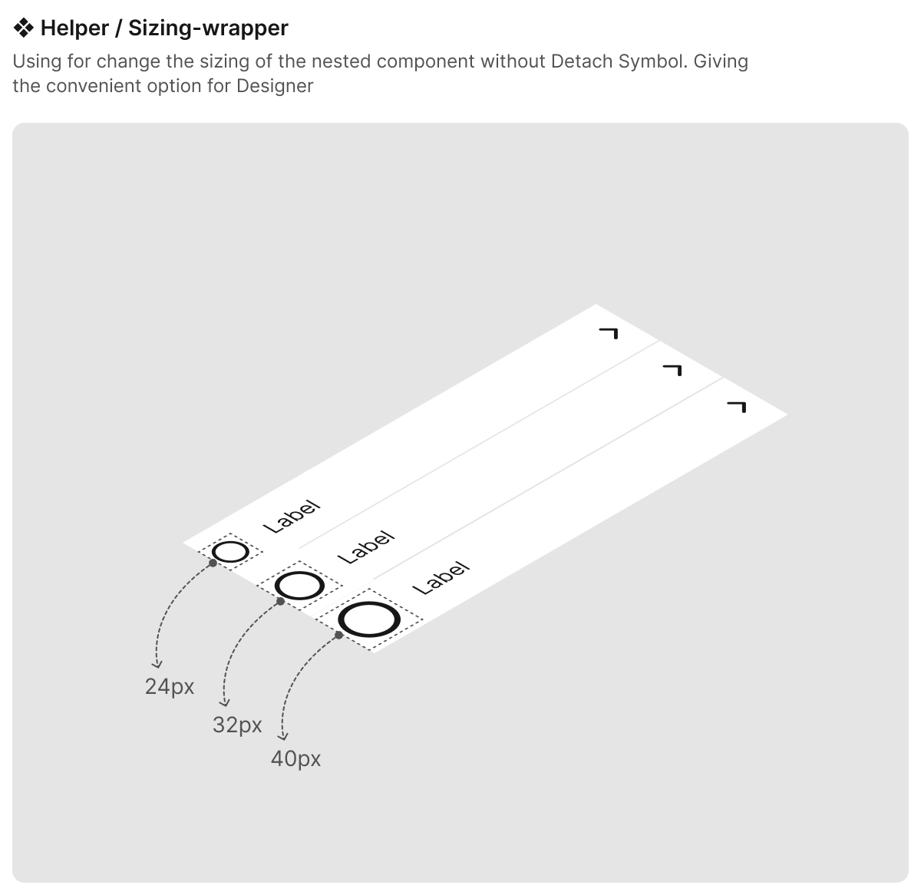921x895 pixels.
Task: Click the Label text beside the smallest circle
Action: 292,517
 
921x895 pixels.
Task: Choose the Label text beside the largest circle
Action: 441,578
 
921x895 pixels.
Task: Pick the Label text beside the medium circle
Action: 366,547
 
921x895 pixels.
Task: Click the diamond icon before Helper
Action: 23,28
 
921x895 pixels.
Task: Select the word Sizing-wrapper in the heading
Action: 208,28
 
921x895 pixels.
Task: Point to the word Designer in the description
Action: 275,86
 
